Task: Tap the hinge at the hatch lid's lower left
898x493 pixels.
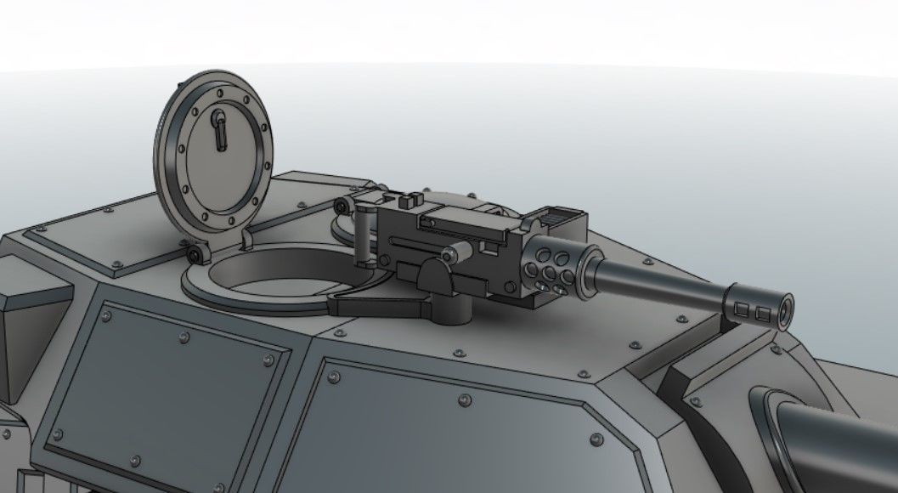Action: pyautogui.click(x=196, y=254)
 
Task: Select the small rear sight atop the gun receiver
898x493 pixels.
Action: pyautogui.click(x=409, y=201)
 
